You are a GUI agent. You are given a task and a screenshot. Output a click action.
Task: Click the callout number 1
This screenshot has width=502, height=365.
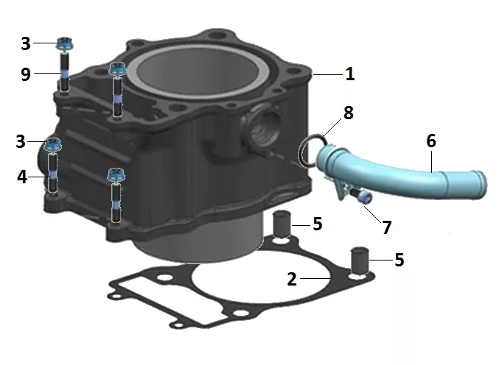tap(350, 74)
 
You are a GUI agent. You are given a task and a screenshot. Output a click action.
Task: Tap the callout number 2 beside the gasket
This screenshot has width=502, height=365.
tap(292, 279)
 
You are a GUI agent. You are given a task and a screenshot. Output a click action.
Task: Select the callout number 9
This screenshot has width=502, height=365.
tap(26, 74)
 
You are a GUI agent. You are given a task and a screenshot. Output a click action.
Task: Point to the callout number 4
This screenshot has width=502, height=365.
tap(22, 177)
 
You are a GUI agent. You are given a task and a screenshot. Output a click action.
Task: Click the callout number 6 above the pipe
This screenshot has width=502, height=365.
tap(431, 141)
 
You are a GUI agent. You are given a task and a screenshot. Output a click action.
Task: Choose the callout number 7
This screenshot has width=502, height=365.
tap(387, 227)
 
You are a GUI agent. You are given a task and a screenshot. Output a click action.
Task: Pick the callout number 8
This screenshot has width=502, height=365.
tap(349, 113)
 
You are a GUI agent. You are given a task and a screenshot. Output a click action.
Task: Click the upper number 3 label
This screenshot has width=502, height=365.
tap(26, 43)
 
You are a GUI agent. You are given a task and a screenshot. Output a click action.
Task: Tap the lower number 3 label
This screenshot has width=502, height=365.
tap(21, 141)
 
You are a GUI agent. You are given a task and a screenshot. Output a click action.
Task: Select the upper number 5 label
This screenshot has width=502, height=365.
tap(317, 224)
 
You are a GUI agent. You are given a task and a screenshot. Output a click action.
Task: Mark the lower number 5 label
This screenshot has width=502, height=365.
tap(400, 260)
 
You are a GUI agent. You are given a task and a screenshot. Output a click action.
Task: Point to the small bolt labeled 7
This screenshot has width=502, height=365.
tap(362, 195)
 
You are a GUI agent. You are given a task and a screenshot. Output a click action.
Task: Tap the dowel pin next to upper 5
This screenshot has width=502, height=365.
tap(282, 224)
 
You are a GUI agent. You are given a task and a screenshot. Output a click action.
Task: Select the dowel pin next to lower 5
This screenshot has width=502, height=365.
tap(360, 261)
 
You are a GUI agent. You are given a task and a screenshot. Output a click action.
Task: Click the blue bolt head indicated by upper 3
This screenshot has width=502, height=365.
tap(65, 44)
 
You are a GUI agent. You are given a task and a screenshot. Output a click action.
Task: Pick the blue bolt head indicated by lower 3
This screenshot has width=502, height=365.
tap(52, 144)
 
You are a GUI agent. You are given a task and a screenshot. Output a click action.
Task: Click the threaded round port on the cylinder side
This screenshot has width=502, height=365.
tap(262, 125)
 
